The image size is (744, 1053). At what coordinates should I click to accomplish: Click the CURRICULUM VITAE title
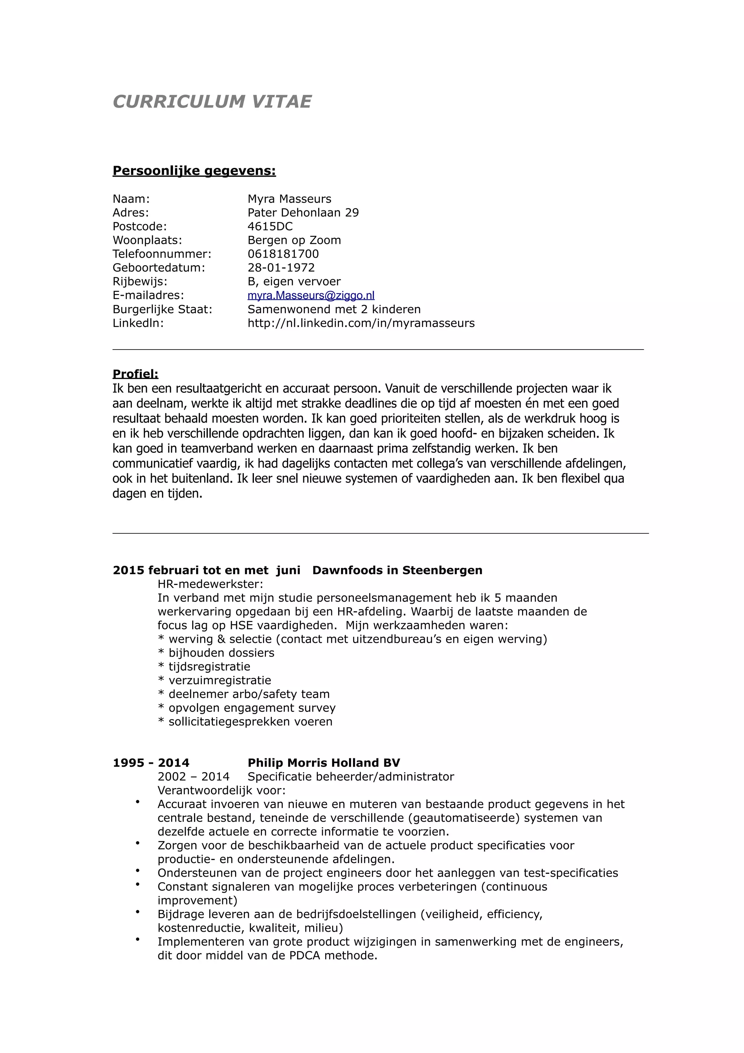[x=212, y=102]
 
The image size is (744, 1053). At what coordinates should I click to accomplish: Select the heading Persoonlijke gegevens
[x=194, y=171]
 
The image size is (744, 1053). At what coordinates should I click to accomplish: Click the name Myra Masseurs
[x=289, y=199]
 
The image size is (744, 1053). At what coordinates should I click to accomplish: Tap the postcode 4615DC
[x=270, y=227]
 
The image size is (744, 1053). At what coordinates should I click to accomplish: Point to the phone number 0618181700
[x=283, y=254]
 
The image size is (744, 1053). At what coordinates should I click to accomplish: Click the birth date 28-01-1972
[x=281, y=268]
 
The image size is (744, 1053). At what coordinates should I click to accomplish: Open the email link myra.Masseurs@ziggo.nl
[x=311, y=296]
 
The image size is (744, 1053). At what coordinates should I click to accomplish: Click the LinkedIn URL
[x=361, y=323]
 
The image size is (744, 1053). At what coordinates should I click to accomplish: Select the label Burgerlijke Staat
[x=162, y=310]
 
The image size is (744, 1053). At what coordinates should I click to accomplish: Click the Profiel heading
[x=135, y=374]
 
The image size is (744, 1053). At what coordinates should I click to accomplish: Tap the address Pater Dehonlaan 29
[x=303, y=213]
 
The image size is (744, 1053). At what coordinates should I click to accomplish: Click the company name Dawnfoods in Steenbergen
[x=397, y=570]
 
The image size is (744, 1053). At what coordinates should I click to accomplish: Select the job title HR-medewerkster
[x=210, y=584]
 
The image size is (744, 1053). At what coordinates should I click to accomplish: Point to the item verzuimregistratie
[x=219, y=681]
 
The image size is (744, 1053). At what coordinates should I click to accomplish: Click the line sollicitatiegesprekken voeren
[x=250, y=722]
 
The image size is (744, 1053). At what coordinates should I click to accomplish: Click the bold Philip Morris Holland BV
[x=324, y=763]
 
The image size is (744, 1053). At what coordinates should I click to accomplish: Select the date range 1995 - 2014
[x=151, y=763]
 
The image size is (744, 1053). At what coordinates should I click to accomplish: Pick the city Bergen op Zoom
[x=294, y=240]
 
